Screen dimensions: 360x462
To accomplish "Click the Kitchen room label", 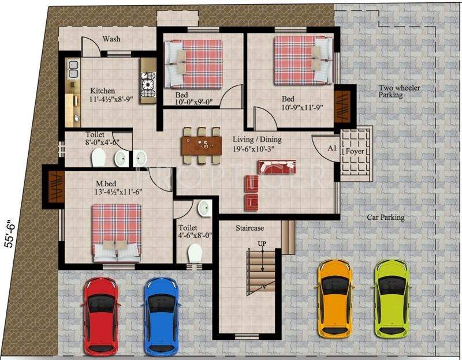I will point(102,91).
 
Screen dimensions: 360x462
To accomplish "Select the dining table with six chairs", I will point(201,145).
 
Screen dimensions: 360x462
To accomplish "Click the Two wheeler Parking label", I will point(399,91).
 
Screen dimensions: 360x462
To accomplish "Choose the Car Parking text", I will point(386,217).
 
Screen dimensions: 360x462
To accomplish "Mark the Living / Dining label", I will point(257,140).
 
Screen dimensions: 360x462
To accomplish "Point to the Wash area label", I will point(111,39).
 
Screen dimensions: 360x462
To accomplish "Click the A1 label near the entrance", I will point(331,148).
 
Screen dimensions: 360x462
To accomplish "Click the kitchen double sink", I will point(73,70).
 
